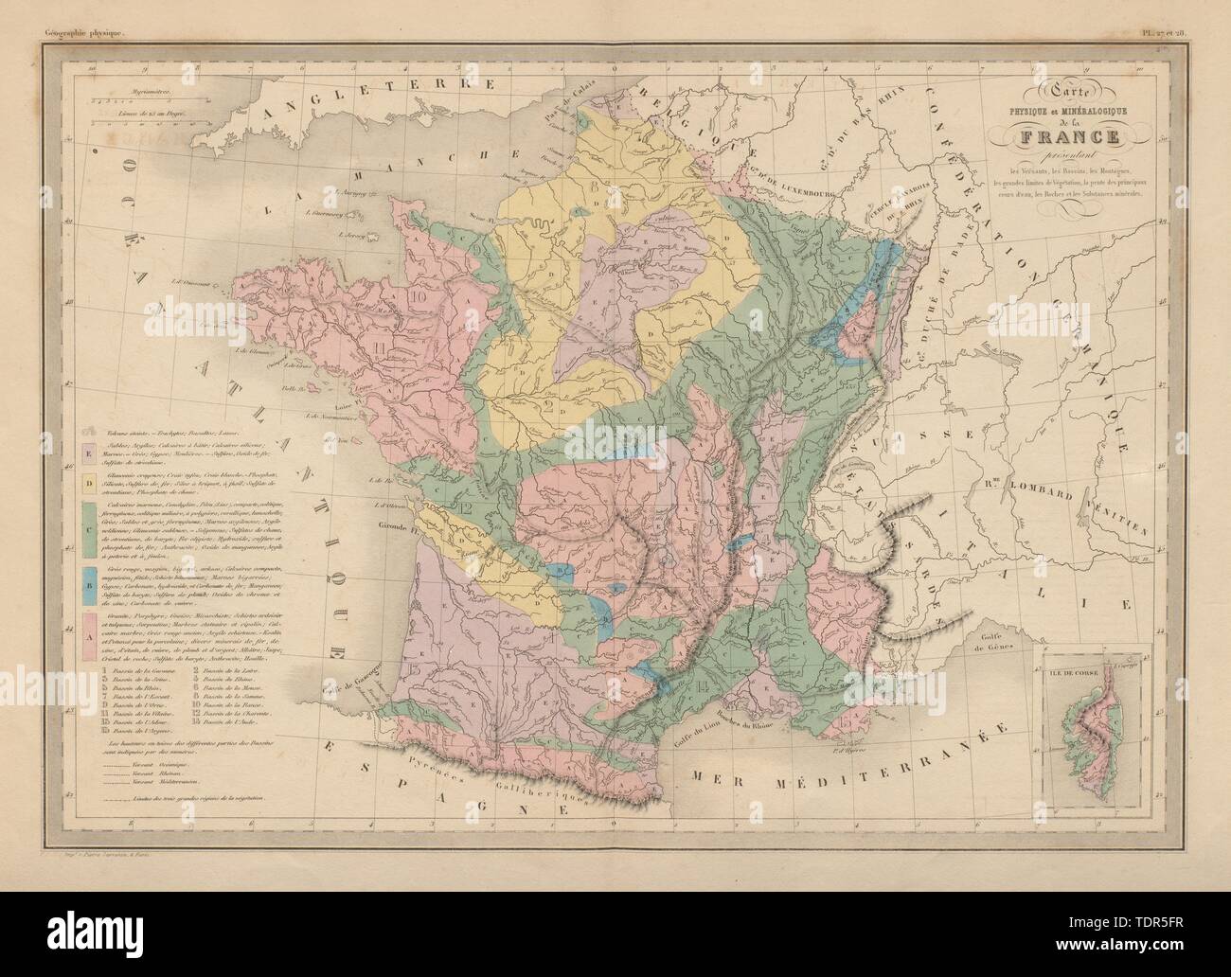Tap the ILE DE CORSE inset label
pyautogui.click(x=1069, y=673)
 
